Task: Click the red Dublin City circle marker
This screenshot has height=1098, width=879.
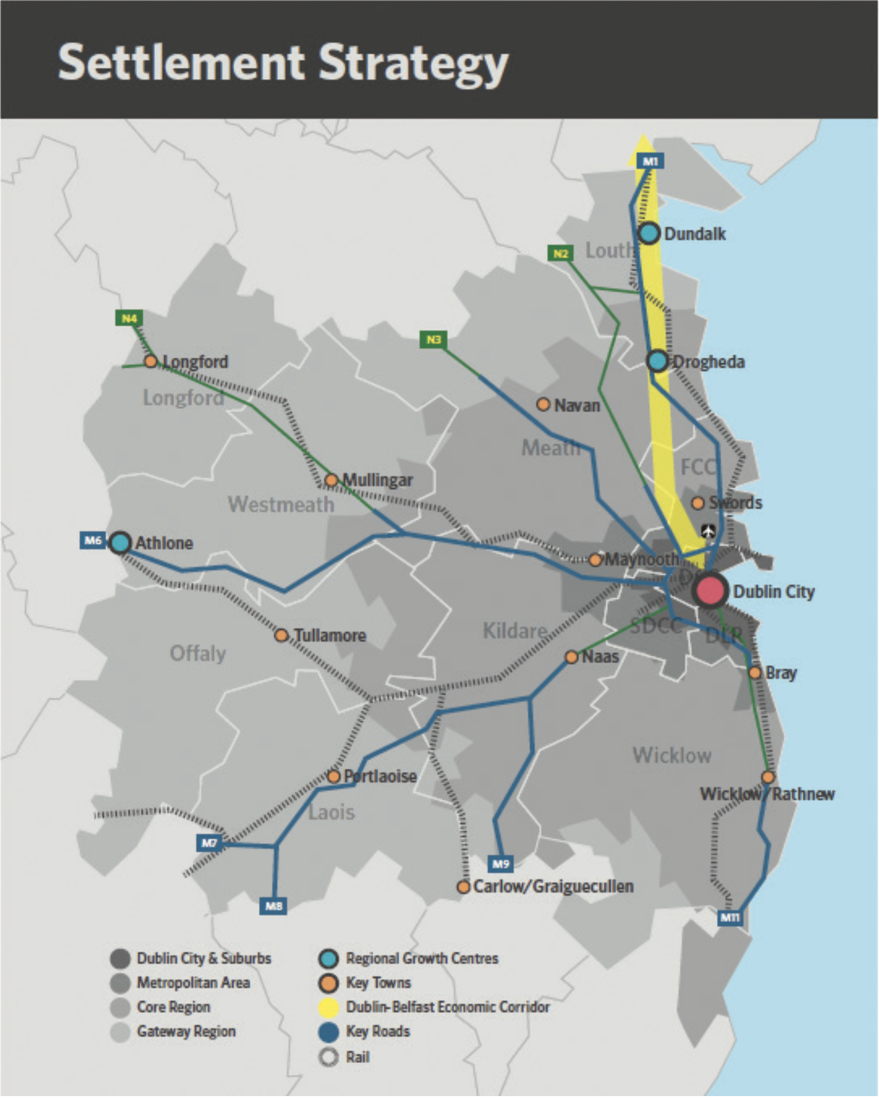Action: [709, 590]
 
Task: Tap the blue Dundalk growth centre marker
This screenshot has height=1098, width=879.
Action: [649, 234]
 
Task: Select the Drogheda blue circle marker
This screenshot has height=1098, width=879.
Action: [657, 361]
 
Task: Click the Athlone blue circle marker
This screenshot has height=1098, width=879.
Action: [120, 543]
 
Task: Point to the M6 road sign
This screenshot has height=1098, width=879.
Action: [93, 540]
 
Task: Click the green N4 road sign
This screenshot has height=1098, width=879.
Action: [129, 318]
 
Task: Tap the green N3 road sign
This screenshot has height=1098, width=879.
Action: [433, 339]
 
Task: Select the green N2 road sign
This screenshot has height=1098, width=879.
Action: [560, 253]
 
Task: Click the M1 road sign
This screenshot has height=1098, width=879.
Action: [650, 161]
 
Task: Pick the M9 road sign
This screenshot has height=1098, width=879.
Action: [500, 864]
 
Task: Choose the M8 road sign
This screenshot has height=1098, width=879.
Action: [274, 906]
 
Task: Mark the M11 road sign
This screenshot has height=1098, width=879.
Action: [730, 918]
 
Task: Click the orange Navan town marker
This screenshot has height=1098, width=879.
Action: [543, 404]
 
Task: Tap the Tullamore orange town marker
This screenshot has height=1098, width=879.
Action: [281, 635]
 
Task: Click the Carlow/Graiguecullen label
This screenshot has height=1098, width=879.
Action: [553, 887]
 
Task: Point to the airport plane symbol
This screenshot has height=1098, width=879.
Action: [708, 531]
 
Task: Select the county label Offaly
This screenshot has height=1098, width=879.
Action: [198, 653]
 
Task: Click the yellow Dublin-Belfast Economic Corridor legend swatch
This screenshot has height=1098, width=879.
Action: [328, 1007]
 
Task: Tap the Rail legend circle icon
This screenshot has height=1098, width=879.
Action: [328, 1057]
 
